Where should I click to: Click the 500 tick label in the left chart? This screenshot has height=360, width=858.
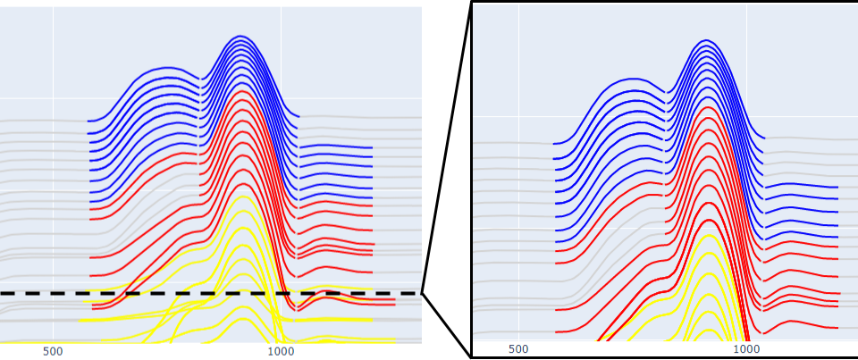coord(53,351)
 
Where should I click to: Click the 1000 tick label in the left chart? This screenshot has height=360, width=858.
coord(281,351)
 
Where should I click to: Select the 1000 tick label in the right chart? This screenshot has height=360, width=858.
coord(747,348)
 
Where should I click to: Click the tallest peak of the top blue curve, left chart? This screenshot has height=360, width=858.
coord(240,36)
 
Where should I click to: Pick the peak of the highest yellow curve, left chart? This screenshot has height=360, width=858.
coord(243,196)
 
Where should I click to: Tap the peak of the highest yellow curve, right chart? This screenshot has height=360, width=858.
coord(709,235)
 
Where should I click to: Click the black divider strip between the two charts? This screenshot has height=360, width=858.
coord(447,179)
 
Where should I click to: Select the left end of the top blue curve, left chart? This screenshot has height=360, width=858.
coord(88,121)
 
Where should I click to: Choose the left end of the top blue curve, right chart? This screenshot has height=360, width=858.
coord(553,143)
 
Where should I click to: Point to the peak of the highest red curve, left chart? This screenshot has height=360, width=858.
coord(241,91)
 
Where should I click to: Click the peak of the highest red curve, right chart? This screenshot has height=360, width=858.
coord(708,108)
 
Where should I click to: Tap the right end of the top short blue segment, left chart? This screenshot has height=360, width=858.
coord(372,147)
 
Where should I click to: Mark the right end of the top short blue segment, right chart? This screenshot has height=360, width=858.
coord(837,188)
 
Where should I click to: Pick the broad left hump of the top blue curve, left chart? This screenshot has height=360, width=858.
coord(166,67)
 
